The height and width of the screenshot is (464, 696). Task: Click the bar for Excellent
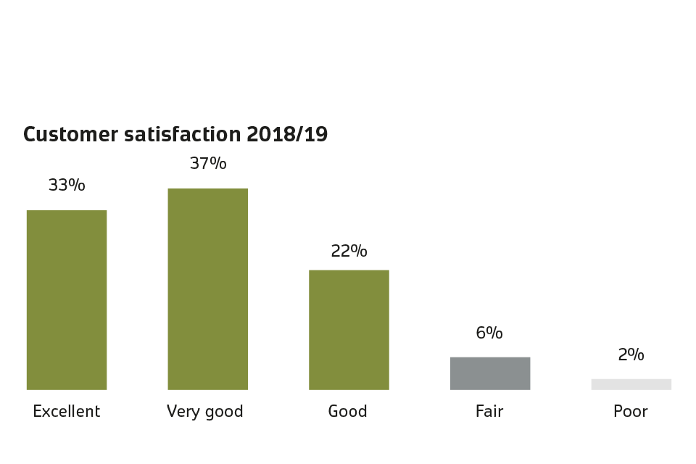[x=67, y=299]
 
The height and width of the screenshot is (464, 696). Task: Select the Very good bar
[x=208, y=289]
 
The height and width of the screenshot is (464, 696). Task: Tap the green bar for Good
[x=349, y=330]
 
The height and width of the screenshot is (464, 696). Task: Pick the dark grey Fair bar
[x=490, y=373]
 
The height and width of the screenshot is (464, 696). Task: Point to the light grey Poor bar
[x=631, y=384]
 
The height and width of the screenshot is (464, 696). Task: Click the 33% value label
[x=67, y=186]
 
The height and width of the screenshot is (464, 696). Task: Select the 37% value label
[x=208, y=164]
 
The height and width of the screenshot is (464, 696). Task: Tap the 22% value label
[x=349, y=252]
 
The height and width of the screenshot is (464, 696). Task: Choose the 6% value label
[x=489, y=333]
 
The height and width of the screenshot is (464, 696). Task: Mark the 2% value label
[x=631, y=355]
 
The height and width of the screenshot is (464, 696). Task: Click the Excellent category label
[x=67, y=412]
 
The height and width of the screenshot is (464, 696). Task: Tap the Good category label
[x=348, y=412]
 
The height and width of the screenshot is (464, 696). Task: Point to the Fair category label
[x=489, y=412]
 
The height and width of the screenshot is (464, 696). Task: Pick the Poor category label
[x=631, y=412]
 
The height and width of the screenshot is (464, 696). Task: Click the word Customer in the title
[x=69, y=135]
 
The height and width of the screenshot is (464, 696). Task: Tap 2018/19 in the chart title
[x=287, y=135]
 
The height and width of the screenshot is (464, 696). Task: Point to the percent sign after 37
[x=218, y=164]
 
